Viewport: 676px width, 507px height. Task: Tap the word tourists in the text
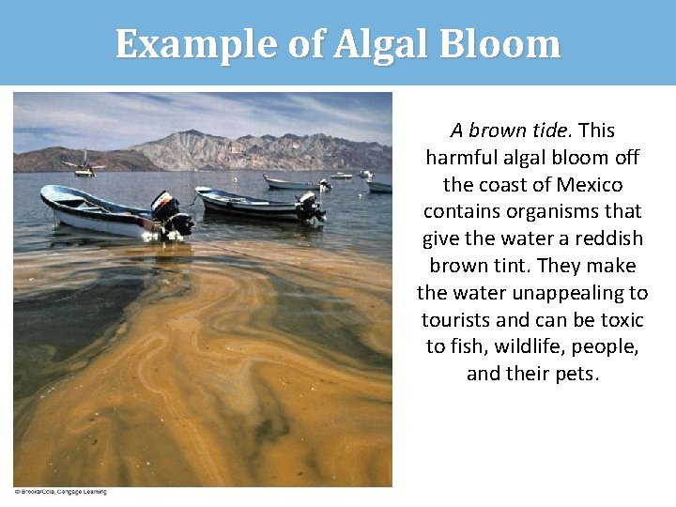pos(460,320)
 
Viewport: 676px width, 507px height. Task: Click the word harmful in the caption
pos(460,157)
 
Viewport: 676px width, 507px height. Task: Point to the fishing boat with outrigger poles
pos(84,166)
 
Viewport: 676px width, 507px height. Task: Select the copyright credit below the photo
pos(61,492)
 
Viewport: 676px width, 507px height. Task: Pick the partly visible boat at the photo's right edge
pos(381,187)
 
